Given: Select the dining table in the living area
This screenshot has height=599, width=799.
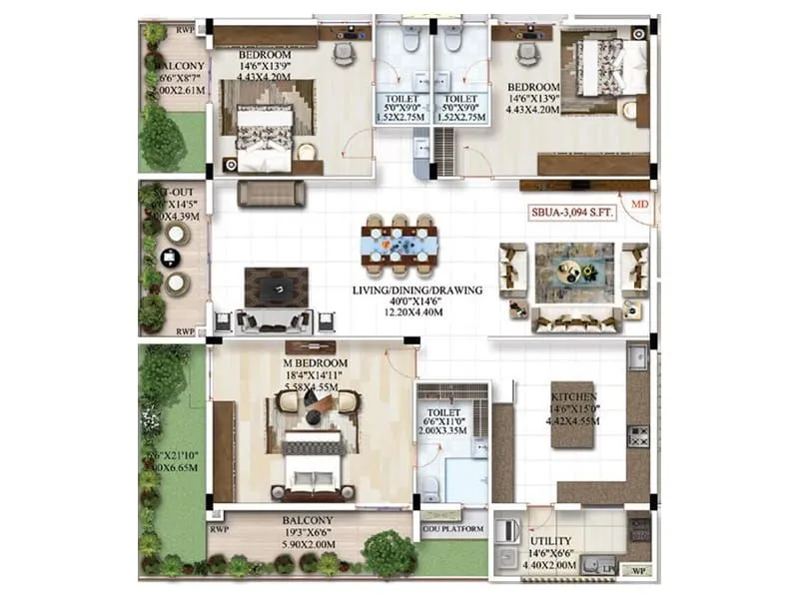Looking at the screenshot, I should pyautogui.click(x=399, y=245).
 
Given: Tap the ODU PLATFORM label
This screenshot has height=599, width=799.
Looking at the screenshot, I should pyautogui.click(x=454, y=528).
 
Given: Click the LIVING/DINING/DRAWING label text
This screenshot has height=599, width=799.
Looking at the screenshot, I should pyautogui.click(x=416, y=291).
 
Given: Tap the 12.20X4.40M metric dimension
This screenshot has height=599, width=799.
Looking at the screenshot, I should pyautogui.click(x=416, y=314).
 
